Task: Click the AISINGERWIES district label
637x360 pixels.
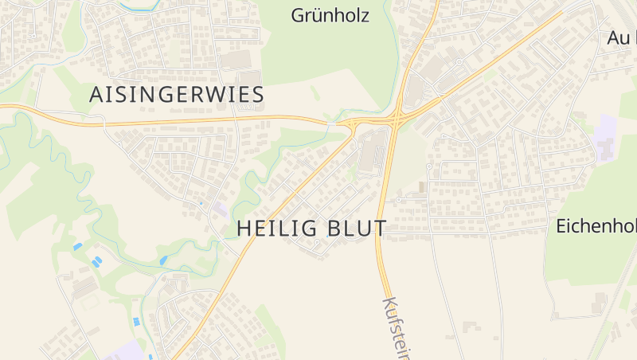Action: [x=176, y=95]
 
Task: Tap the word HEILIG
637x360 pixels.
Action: [x=276, y=229]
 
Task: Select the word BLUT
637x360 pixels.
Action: [x=355, y=229]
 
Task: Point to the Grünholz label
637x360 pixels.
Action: [x=330, y=15]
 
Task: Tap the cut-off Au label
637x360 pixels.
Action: [x=621, y=37]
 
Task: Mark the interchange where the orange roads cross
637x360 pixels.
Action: [x=394, y=119]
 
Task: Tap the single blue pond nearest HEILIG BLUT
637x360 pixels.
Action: [x=163, y=260]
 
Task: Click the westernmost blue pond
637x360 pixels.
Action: [x=77, y=247]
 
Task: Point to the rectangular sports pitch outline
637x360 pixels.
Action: [x=90, y=303]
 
